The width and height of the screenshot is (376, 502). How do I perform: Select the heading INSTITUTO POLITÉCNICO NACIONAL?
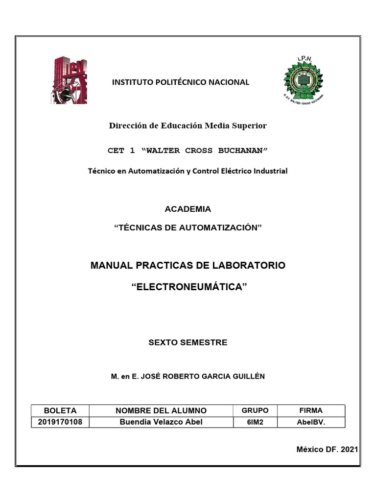coord(181,82)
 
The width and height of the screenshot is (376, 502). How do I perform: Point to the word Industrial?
coord(270,171)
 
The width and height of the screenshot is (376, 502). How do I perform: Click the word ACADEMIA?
coord(188,209)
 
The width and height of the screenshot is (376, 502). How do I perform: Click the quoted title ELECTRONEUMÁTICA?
coord(188,287)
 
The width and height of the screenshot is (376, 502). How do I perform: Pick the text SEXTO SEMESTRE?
coord(188,343)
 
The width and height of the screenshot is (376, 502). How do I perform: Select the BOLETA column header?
coord(60,410)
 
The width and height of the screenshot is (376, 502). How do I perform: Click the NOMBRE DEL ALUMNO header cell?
coord(161,410)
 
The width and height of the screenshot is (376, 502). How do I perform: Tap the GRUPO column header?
coord(255,410)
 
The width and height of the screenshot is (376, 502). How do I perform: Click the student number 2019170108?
coord(60,422)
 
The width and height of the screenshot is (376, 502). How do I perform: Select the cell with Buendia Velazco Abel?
coord(161,422)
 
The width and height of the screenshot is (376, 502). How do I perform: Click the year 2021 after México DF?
coord(349,450)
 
